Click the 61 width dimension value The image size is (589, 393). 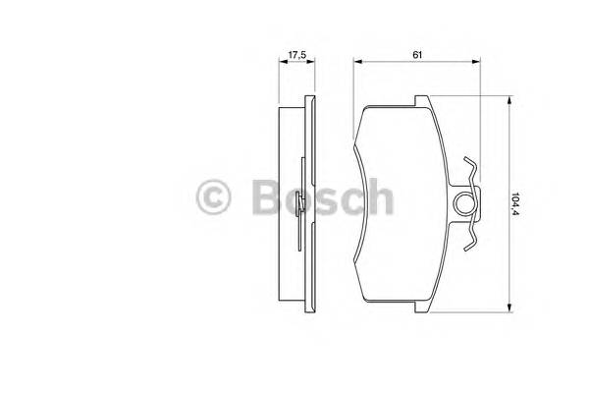click(x=417, y=54)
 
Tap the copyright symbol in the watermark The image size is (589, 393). click(x=216, y=198)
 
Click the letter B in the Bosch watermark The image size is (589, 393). click(x=262, y=198)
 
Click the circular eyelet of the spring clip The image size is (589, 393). click(x=466, y=203)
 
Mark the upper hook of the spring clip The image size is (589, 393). click(x=472, y=169)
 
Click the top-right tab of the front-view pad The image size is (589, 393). click(x=420, y=101)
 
